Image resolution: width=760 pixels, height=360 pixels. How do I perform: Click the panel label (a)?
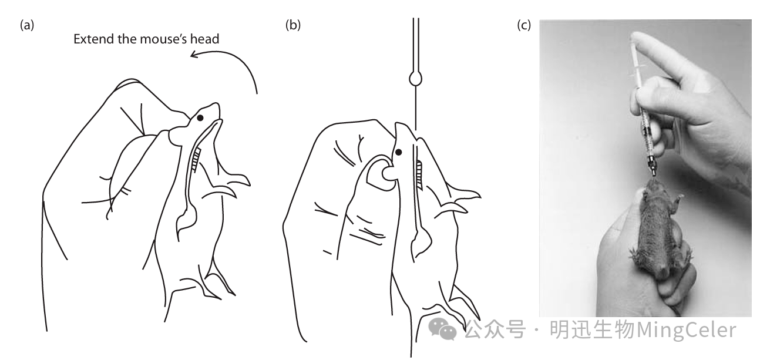27,25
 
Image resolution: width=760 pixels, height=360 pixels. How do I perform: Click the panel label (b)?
293,25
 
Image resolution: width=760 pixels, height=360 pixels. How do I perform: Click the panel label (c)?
524,25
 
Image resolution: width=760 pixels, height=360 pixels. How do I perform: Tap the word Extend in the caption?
94,39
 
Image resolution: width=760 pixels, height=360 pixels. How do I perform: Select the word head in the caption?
204,39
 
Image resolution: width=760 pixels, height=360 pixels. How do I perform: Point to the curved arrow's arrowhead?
195,54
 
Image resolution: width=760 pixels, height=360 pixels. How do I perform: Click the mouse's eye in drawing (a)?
200,117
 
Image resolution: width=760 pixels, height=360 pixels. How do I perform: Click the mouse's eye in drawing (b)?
399,152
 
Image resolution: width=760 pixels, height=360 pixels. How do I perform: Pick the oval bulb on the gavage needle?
416,79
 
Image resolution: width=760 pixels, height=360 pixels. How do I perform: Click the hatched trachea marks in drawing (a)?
196,160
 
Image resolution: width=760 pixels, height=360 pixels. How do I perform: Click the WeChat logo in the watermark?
442,328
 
